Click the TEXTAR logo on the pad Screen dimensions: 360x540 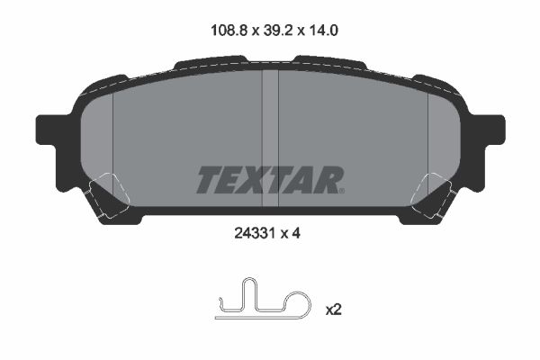tap(269, 179)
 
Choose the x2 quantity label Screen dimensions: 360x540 tap(334, 310)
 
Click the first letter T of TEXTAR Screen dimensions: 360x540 tap(208, 179)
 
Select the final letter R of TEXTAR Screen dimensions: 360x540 tap(329, 179)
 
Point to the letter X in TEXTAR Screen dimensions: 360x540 tap(256, 179)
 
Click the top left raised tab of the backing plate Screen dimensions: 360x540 tap(209, 63)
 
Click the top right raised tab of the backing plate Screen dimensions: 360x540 tap(328, 63)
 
